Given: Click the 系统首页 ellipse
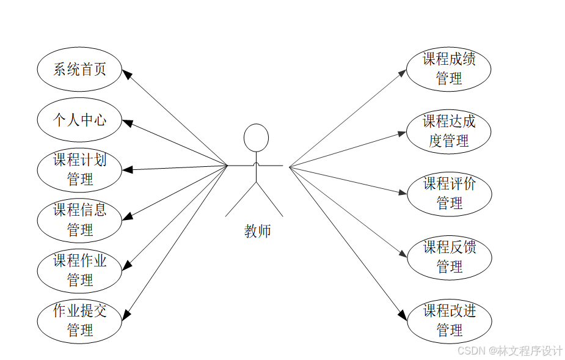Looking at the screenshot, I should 79,69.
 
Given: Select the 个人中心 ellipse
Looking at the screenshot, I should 79,120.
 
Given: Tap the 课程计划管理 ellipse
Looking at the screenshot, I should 79,170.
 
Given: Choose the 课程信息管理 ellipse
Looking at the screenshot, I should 79,220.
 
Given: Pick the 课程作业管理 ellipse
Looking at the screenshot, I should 79,270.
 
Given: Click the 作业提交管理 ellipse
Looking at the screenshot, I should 79,320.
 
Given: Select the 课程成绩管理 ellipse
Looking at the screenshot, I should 449,69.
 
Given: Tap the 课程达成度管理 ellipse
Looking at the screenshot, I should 449,131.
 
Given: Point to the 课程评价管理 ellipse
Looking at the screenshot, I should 449,194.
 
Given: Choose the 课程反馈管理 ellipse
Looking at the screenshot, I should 449,257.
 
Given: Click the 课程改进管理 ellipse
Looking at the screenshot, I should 449,321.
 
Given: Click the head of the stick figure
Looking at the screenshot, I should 256,138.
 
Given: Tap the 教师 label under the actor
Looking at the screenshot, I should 257,231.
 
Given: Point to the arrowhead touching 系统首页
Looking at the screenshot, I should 126,74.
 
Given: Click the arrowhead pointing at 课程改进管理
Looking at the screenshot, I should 403,315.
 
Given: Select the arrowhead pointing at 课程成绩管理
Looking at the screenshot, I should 403,73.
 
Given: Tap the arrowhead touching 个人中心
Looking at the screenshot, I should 127,123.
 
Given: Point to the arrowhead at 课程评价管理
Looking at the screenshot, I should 403,193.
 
